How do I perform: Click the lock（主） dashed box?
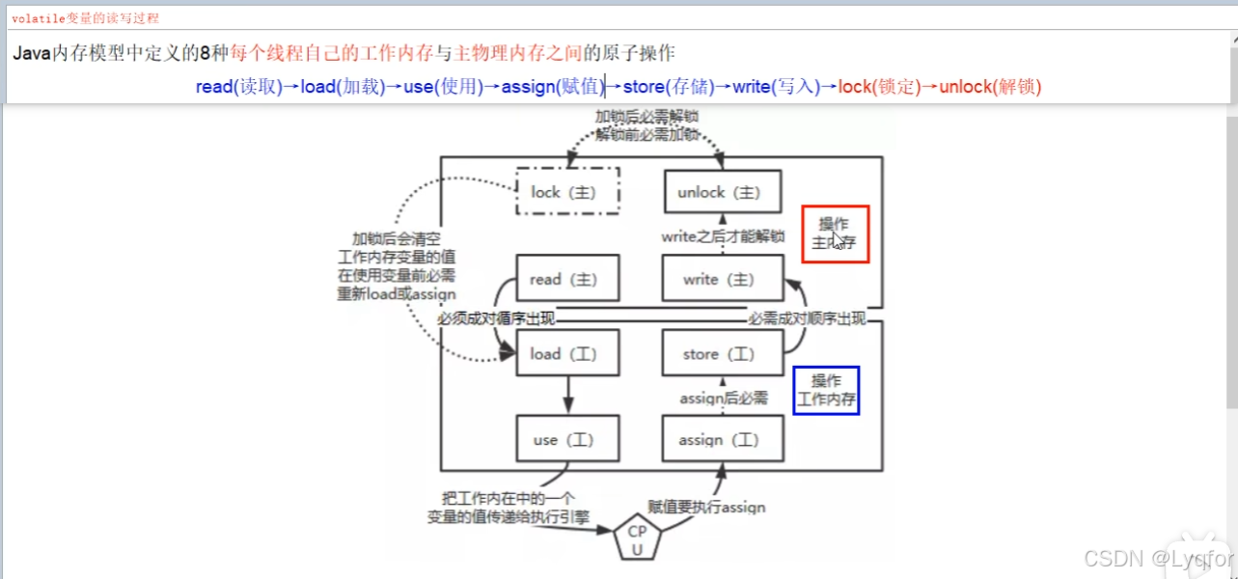567,191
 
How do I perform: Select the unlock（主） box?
723,191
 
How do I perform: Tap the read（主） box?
567,279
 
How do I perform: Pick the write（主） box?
723,279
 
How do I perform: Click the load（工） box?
567,353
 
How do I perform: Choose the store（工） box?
723,353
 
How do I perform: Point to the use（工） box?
567,439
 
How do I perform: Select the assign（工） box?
723,439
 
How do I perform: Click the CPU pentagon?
638,539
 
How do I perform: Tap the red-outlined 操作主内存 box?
836,234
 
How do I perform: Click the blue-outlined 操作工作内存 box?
826,390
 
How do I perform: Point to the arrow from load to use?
567,396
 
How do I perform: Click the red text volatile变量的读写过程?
85,18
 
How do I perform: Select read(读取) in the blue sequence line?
238,87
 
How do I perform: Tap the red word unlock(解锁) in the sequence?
991,87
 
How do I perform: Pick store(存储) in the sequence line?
669,87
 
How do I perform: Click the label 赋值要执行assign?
706,507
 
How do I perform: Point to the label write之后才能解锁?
723,236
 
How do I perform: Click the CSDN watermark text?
1158,558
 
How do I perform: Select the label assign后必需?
724,398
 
